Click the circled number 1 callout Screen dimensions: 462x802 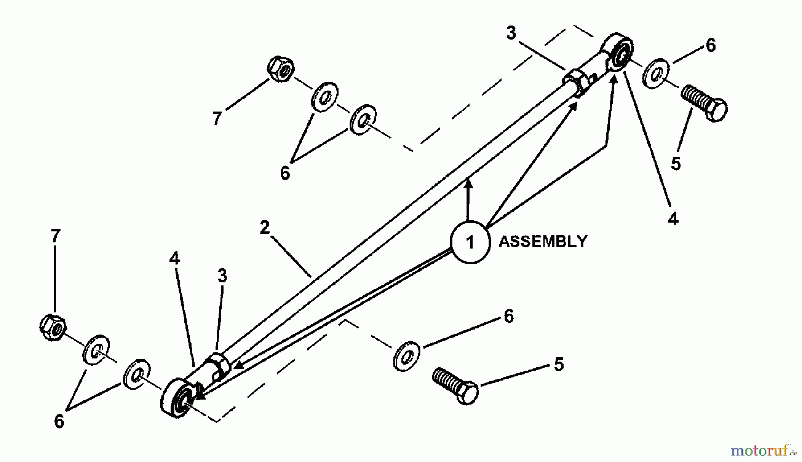point(470,242)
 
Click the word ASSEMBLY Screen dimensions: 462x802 point(543,242)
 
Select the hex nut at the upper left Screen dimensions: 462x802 point(281,69)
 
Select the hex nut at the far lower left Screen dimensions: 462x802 point(53,328)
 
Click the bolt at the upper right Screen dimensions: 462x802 point(704,103)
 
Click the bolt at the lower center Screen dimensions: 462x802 point(455,386)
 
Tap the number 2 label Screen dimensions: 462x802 point(265,227)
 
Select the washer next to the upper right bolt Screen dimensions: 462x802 point(655,73)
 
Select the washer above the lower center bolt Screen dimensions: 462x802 point(406,356)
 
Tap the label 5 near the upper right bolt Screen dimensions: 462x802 point(676,164)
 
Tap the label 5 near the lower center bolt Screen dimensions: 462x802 point(559,364)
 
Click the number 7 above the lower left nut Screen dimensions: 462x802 point(55,236)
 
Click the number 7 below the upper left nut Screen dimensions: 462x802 point(217,119)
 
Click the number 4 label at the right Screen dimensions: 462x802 point(673,219)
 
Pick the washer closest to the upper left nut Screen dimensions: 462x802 point(324,96)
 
